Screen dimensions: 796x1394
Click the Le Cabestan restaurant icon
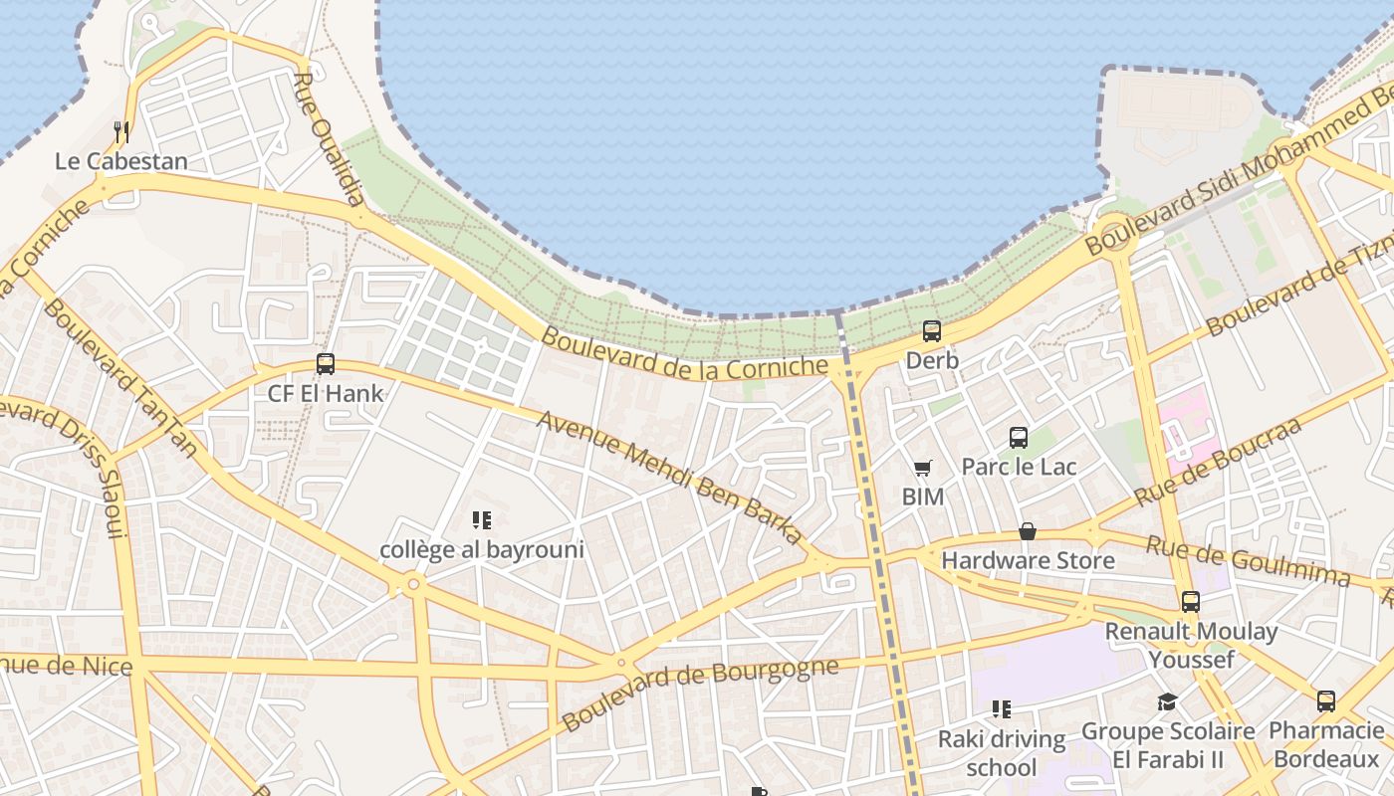click(121, 131)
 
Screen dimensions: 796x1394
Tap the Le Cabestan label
click(120, 161)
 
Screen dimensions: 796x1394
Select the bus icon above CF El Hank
click(326, 364)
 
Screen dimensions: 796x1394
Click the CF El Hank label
click(326, 393)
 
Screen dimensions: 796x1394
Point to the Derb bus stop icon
click(932, 331)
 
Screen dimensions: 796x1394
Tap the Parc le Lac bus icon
click(1019, 437)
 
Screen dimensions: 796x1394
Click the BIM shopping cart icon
click(923, 468)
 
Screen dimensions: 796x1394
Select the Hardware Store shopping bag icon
click(1028, 532)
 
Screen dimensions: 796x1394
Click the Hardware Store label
click(1028, 560)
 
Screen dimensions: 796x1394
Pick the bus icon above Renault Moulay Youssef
click(1191, 602)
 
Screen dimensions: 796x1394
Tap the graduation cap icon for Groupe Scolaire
click(1167, 702)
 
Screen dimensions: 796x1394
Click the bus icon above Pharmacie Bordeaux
click(1326, 701)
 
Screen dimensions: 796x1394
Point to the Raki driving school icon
click(1002, 709)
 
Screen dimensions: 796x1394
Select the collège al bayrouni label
click(482, 549)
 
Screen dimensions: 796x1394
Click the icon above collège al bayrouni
click(482, 520)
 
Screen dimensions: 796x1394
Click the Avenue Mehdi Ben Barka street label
click(670, 478)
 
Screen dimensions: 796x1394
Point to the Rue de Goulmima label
click(1247, 561)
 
